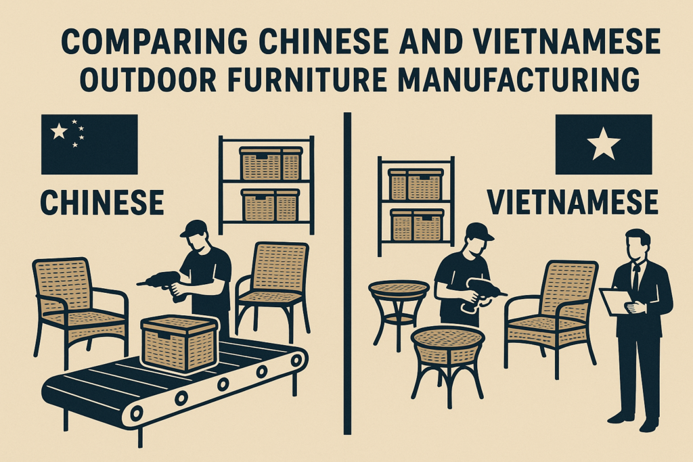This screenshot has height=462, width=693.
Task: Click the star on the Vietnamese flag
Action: [x=604, y=145]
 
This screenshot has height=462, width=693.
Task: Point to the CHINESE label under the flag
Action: [x=102, y=202]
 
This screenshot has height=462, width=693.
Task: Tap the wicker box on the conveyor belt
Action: [x=179, y=343]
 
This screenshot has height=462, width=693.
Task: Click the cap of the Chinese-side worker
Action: [x=192, y=228]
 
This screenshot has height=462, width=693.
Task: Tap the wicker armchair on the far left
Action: [x=79, y=304]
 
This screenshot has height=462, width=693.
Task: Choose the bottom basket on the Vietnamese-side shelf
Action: [x=416, y=225]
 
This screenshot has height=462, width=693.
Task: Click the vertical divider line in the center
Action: [x=347, y=271]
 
